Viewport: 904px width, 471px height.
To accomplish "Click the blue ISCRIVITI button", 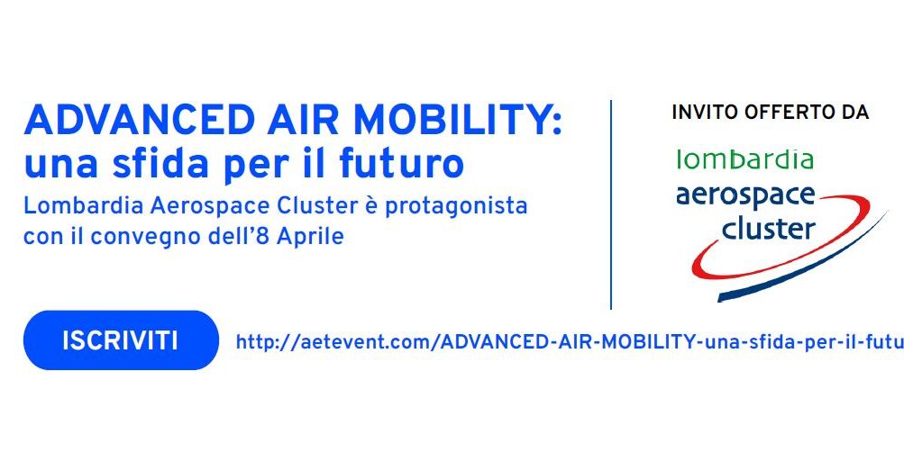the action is (121, 340).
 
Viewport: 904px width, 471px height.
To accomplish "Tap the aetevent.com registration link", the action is (570, 342).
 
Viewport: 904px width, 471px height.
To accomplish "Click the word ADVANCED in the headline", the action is (139, 121).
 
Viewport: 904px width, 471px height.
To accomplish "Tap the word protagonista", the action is (456, 207).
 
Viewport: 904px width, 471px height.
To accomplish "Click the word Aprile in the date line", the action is (310, 237).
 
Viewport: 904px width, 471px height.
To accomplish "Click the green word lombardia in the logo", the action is (744, 159).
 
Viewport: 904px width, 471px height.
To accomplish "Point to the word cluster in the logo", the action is (768, 228).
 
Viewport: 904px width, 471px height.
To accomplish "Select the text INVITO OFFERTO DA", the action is (771, 113).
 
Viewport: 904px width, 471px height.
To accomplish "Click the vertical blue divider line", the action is (610, 204).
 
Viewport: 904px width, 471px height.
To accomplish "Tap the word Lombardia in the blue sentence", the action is (83, 206).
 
